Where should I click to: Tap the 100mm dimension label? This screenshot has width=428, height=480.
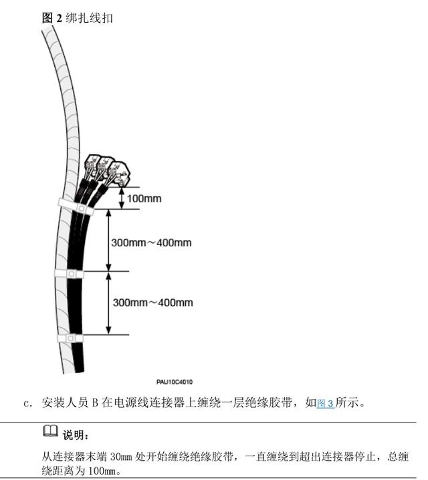pos(144,198)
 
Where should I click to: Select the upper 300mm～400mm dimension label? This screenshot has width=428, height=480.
pos(152,242)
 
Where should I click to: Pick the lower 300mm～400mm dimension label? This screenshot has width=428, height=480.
pos(152,302)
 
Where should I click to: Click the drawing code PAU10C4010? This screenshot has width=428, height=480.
pos(175,382)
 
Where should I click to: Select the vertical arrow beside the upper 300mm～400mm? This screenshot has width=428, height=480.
pos(108,240)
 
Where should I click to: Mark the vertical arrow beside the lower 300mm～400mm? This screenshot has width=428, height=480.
pos(108,302)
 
